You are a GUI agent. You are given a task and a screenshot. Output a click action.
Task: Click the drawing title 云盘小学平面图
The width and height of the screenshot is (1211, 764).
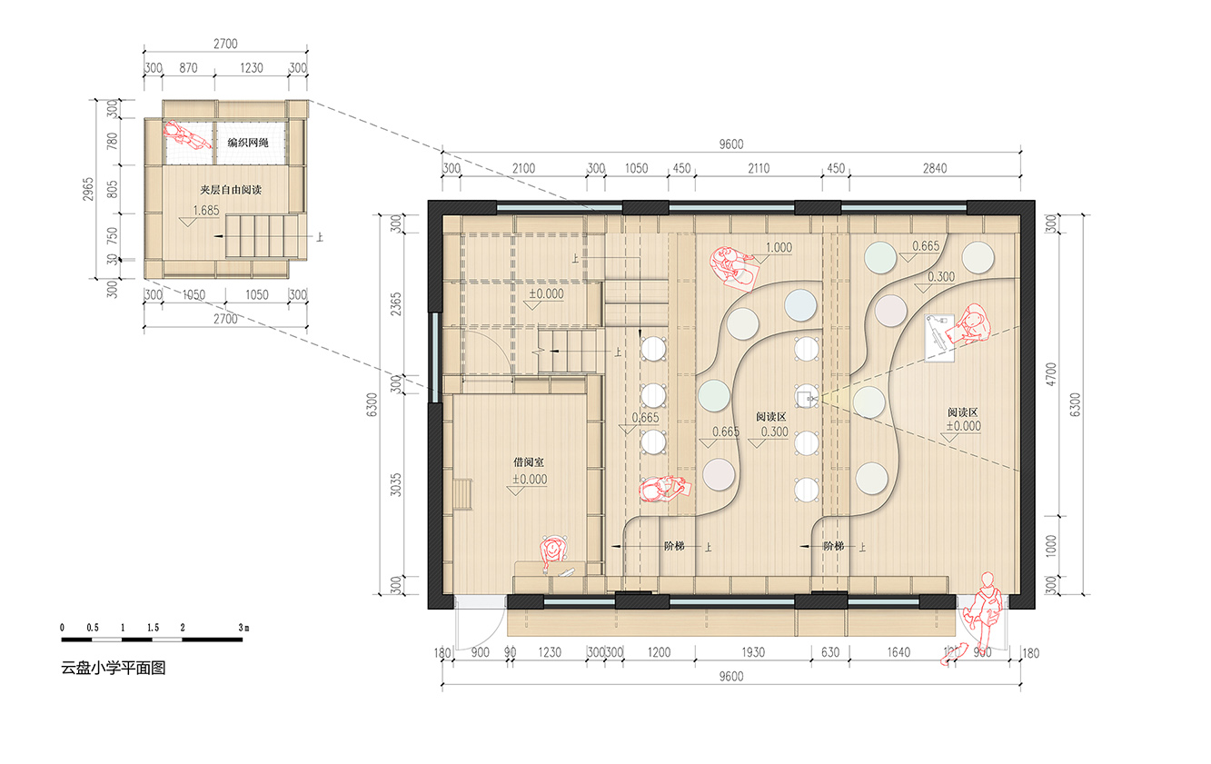click(113, 669)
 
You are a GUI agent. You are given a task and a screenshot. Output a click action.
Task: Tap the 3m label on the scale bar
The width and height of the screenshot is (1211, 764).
click(243, 628)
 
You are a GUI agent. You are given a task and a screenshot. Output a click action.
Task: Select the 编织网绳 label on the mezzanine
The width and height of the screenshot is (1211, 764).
click(248, 143)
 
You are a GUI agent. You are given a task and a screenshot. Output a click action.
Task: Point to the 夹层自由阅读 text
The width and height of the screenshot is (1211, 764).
click(231, 190)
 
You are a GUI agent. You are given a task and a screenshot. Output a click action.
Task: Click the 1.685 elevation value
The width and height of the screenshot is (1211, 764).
click(206, 211)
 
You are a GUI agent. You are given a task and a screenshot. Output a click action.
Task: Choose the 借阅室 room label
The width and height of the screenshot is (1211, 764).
click(528, 462)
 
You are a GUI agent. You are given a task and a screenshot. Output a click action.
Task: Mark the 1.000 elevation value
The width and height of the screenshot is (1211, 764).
click(779, 248)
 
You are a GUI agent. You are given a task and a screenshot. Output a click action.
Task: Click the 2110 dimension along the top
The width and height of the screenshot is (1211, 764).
click(759, 169)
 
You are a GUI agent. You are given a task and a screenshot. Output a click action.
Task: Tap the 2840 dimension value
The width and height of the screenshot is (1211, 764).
click(935, 169)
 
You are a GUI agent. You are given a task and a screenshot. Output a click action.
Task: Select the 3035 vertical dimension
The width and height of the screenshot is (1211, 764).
click(396, 484)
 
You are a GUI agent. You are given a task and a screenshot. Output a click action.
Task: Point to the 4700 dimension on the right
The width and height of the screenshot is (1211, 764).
click(1050, 374)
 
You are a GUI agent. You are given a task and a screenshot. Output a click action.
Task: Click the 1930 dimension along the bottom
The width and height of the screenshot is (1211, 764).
click(753, 652)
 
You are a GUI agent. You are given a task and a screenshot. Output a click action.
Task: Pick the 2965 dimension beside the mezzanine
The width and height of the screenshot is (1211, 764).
click(88, 189)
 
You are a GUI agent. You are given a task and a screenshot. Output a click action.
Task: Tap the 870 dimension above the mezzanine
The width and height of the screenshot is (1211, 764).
click(188, 68)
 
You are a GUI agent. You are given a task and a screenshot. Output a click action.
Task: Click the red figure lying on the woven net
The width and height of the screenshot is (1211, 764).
click(186, 134)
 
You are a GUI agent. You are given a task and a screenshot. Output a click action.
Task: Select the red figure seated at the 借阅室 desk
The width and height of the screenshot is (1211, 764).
click(553, 551)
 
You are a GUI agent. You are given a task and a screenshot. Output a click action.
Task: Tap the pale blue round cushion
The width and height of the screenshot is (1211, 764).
click(800, 305)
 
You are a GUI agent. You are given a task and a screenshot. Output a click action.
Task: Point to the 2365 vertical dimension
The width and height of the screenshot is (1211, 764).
click(396, 304)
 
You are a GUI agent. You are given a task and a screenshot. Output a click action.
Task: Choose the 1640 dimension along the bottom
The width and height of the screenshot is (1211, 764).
click(898, 652)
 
